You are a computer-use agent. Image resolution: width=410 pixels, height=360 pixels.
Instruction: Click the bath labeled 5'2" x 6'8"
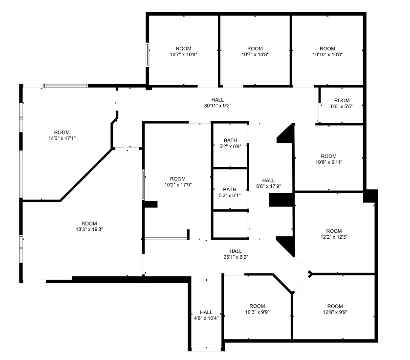tap(230, 143)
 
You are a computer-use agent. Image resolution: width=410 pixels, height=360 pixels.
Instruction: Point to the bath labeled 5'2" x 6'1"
tap(230, 192)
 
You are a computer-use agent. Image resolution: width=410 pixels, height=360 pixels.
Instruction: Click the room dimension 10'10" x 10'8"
tap(327, 52)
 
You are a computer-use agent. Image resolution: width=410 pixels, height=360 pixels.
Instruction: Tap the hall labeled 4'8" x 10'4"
tap(206, 315)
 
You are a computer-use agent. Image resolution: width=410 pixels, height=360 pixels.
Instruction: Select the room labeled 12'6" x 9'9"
tap(335, 309)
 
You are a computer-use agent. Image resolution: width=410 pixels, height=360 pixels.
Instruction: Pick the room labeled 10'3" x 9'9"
tap(257, 309)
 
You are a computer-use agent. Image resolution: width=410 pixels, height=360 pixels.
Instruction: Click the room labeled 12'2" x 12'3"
tap(334, 234)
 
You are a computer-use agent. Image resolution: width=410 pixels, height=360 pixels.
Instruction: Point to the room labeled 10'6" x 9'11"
tap(329, 159)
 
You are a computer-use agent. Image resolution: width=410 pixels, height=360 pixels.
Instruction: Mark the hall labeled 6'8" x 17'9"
tap(268, 183)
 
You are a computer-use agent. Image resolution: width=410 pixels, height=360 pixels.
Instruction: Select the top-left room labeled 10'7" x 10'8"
tap(183, 52)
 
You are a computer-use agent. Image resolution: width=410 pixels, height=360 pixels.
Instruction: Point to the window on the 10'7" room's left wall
tap(148, 55)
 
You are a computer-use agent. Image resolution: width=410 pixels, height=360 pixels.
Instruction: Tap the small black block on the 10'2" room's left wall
tap(150, 204)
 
